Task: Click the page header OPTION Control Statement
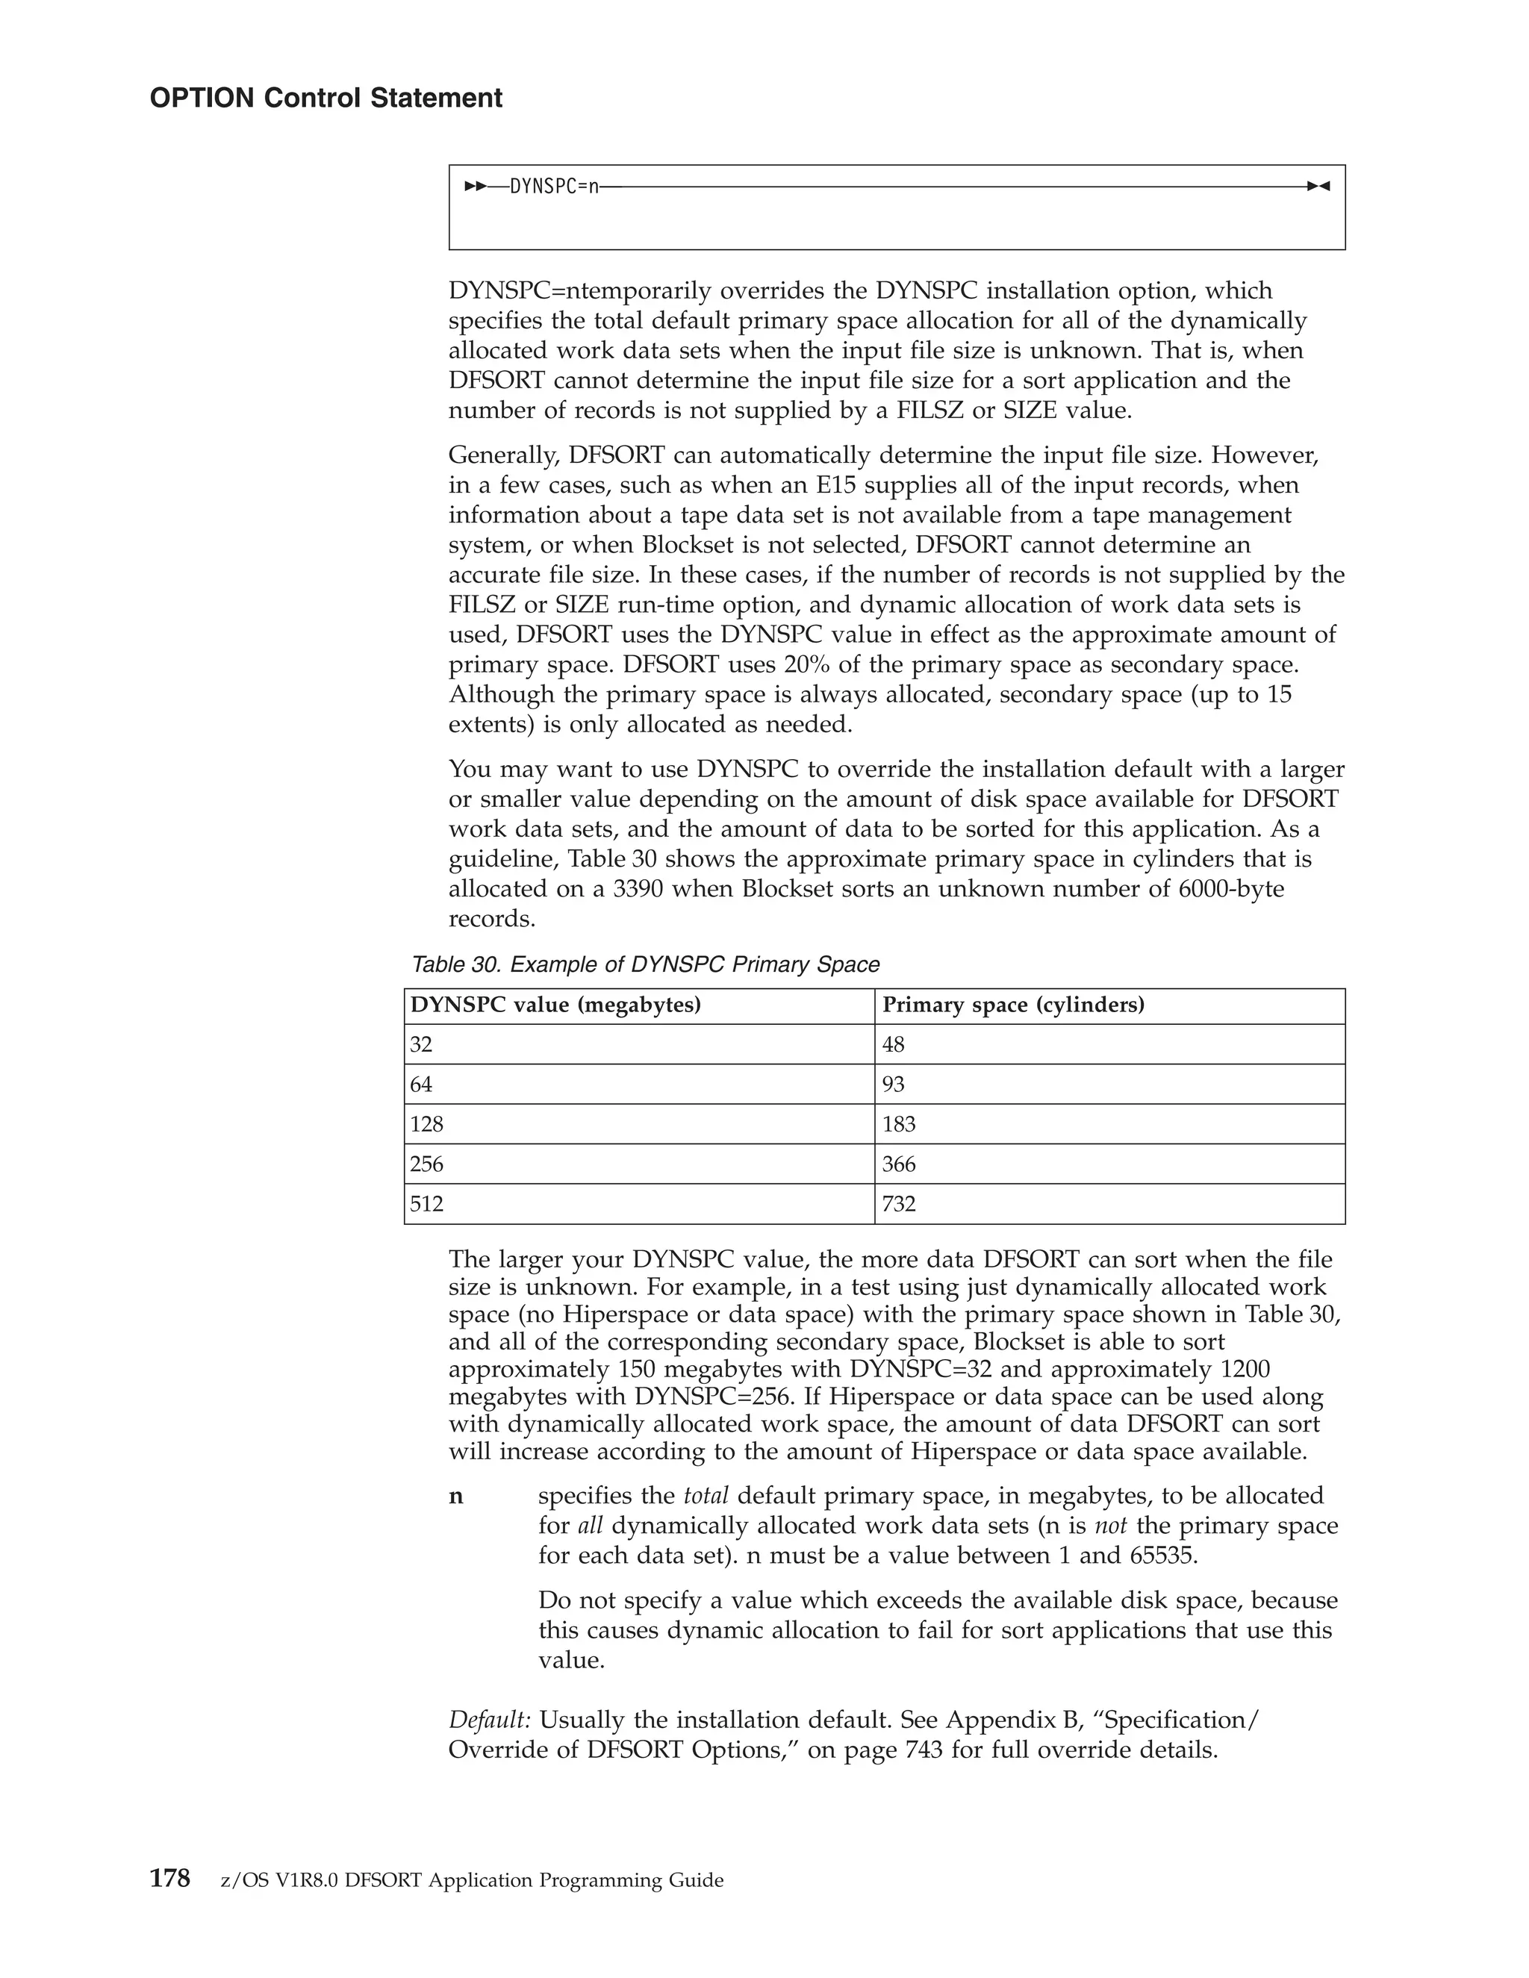pyautogui.click(x=326, y=98)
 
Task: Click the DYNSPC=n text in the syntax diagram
pyautogui.click(x=553, y=187)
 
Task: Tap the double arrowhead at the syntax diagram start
pyautogui.click(x=475, y=187)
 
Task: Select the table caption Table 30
pyautogui.click(x=645, y=964)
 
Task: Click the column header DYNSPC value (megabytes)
pyautogui.click(x=555, y=1005)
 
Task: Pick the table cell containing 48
pyautogui.click(x=893, y=1044)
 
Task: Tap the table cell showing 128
pyautogui.click(x=426, y=1124)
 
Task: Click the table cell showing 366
pyautogui.click(x=899, y=1164)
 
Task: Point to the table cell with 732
pyautogui.click(x=899, y=1204)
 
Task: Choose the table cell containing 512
pyautogui.click(x=426, y=1204)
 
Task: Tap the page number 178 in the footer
pyautogui.click(x=169, y=1879)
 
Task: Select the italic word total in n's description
pyautogui.click(x=706, y=1495)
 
